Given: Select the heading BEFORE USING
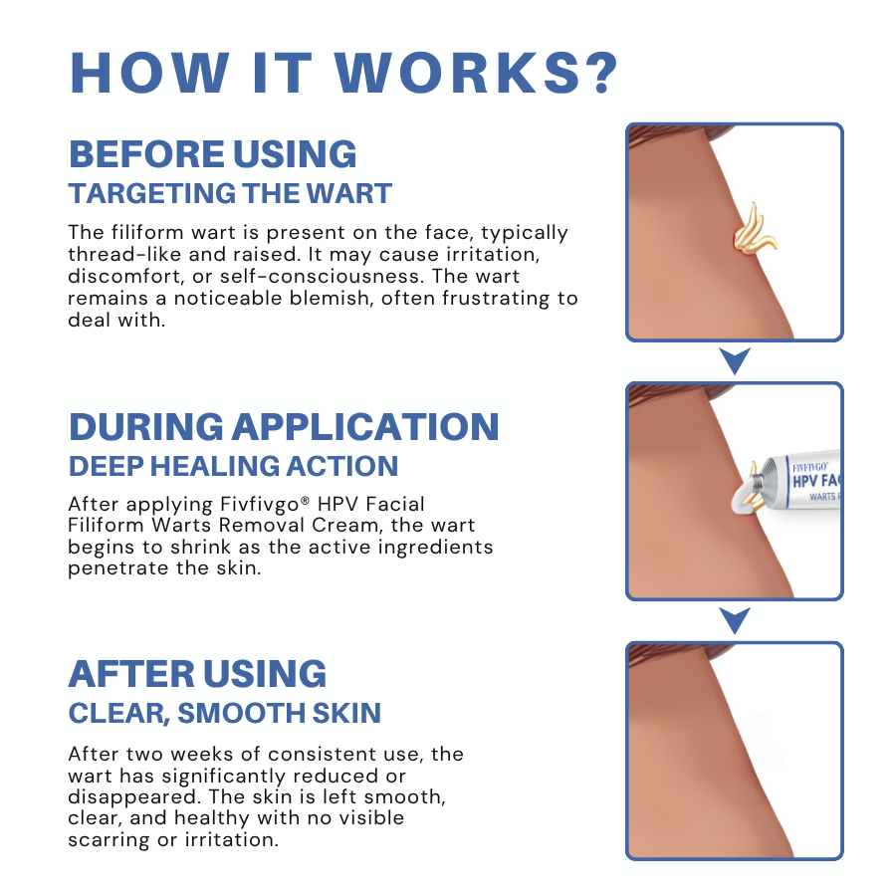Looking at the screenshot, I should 212,154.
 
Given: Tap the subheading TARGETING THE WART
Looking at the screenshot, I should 230,193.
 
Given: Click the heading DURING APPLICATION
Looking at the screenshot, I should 284,426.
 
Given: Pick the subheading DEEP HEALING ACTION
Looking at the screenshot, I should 233,465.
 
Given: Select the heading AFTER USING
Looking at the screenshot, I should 197,674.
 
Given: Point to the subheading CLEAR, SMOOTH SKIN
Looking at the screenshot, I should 225,713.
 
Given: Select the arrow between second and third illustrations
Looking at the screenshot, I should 735,620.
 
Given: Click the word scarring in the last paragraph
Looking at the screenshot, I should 109,839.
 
